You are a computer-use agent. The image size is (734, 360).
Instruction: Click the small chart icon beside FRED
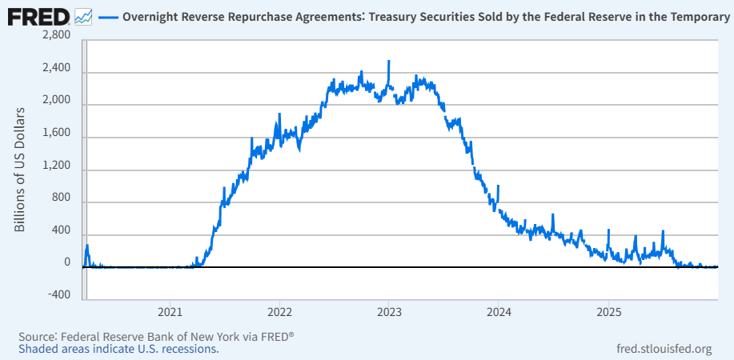point(82,15)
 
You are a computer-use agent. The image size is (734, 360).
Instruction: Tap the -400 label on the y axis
point(58,294)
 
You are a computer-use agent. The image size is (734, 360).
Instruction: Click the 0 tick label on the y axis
point(66,262)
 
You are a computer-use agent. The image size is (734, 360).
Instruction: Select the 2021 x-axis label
point(170,310)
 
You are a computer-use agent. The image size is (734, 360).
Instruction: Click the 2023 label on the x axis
point(388,310)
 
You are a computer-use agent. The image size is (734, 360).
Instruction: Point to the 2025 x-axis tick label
point(608,310)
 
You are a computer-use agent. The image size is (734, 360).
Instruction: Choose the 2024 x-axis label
point(499,310)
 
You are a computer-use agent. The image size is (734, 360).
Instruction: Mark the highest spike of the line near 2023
point(388,62)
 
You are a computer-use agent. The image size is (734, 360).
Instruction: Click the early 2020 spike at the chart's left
point(87,246)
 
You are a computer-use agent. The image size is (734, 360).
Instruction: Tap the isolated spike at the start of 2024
point(498,187)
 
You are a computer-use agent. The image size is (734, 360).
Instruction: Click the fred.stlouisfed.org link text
point(664,349)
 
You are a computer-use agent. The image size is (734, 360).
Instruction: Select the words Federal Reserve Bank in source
point(111,336)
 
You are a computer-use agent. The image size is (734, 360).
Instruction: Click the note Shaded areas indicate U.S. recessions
point(118,349)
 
